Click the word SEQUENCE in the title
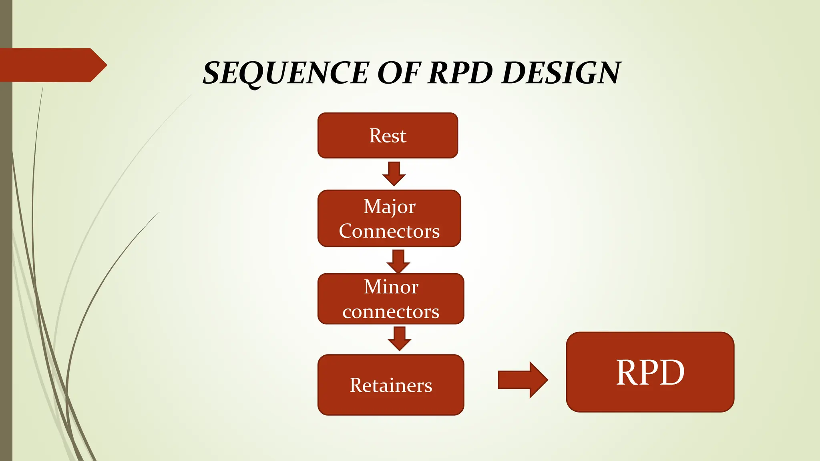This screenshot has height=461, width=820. pos(285,73)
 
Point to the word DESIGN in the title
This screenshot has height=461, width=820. pos(561,73)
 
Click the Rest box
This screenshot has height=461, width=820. pos(388,136)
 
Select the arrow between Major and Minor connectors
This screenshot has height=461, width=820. pos(398,261)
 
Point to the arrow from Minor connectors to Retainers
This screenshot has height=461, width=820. pos(399,339)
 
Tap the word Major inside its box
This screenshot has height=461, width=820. pos(389,207)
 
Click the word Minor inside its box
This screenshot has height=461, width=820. pos(391,287)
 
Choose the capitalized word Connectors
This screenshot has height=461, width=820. pos(389,231)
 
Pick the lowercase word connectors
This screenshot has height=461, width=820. pos(391,312)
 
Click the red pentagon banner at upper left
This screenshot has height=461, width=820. pos(52,65)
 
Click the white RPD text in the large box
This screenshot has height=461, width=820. pos(650,373)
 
